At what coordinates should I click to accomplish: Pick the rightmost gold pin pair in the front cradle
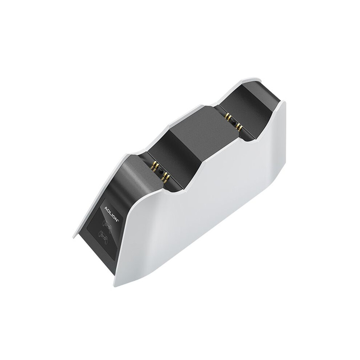pos(166,177)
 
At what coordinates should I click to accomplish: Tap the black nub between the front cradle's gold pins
pos(160,171)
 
